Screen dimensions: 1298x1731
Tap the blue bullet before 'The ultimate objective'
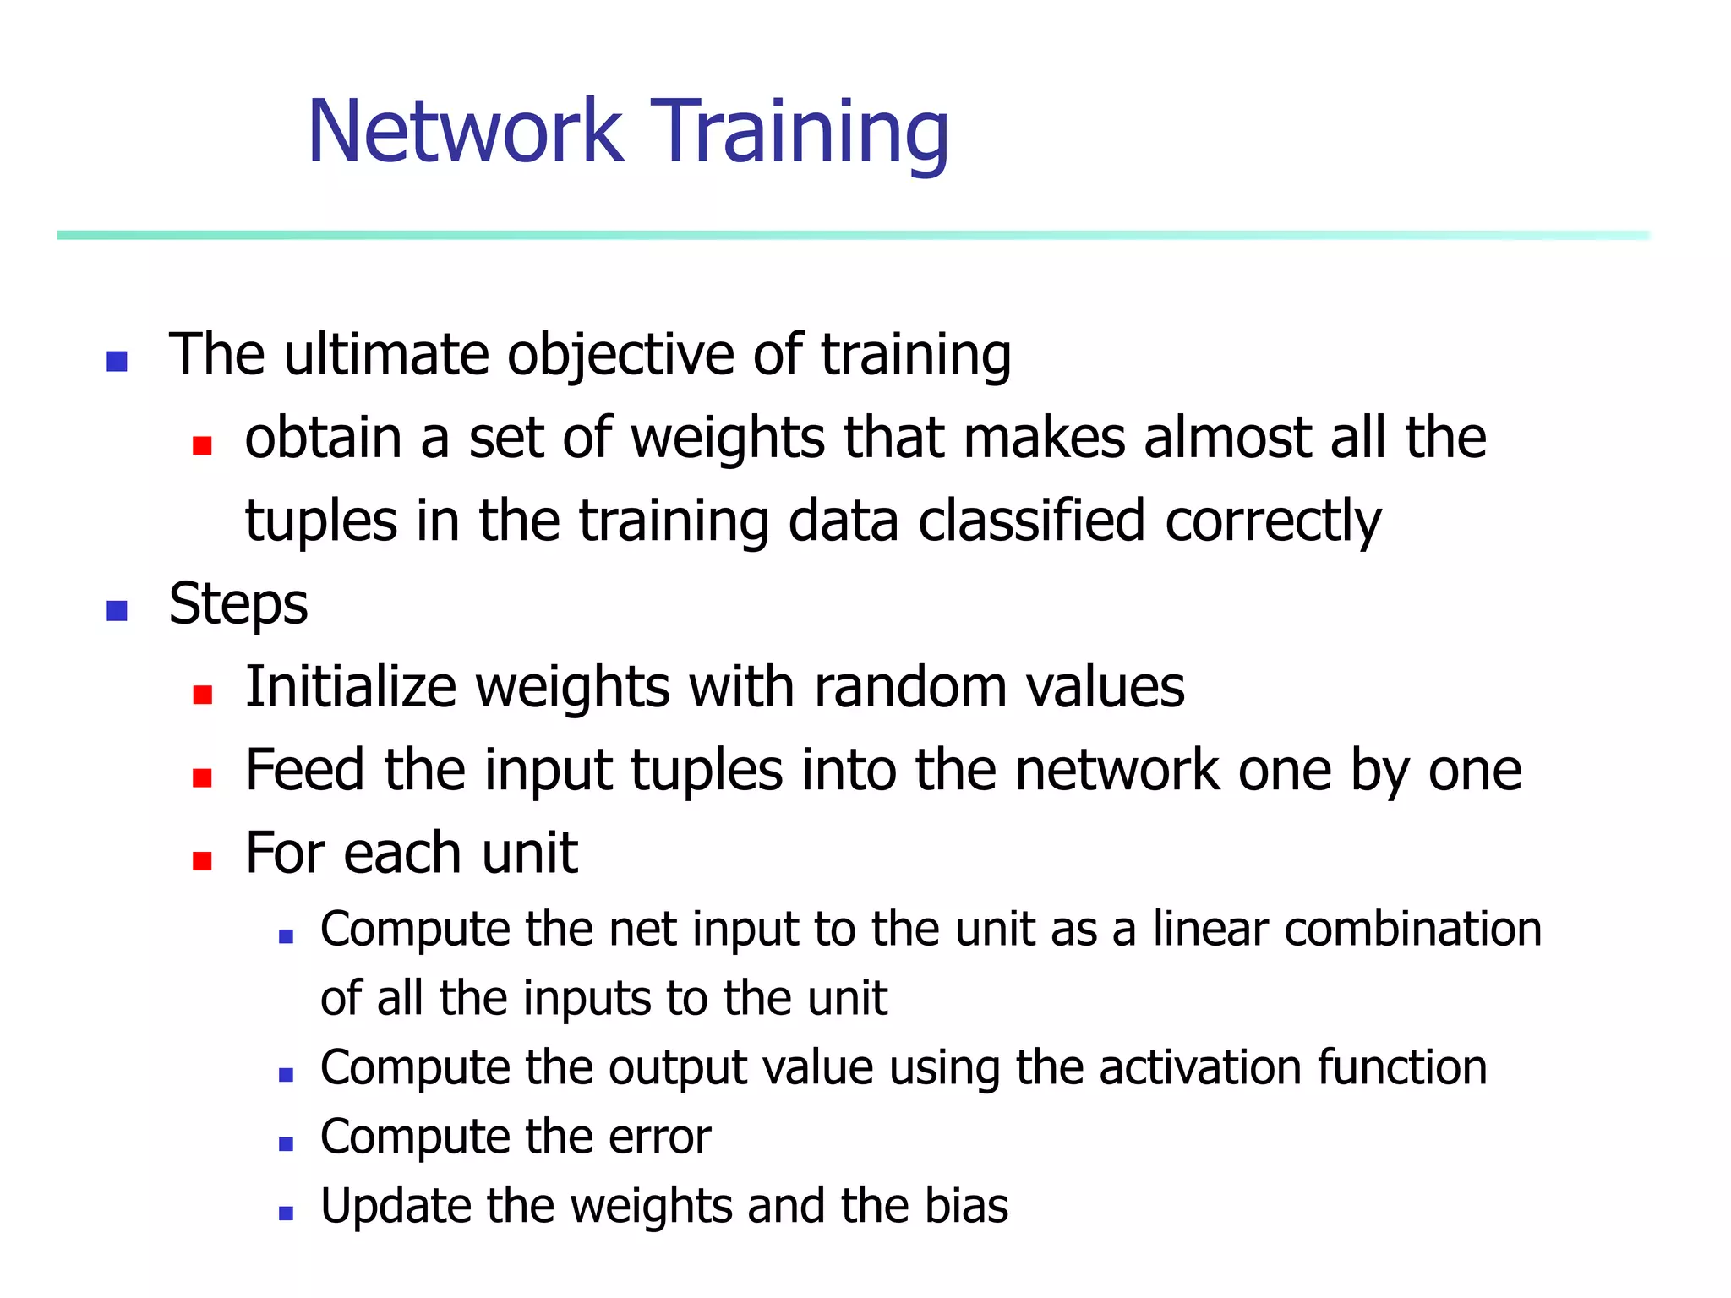(x=117, y=362)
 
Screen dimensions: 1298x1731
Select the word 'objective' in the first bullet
(x=620, y=355)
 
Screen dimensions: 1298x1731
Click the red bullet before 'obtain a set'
(x=201, y=445)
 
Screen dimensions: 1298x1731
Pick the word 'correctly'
(x=1273, y=522)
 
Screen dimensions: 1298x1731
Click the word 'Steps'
(x=238, y=605)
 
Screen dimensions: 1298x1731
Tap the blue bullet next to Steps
(x=117, y=610)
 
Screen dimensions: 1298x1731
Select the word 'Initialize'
(x=350, y=686)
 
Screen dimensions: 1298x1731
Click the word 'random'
(x=909, y=686)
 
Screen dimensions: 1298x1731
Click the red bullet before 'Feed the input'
(x=201, y=777)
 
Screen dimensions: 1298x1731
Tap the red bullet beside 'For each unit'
(x=201, y=860)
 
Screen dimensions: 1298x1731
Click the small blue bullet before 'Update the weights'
(x=286, y=1213)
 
